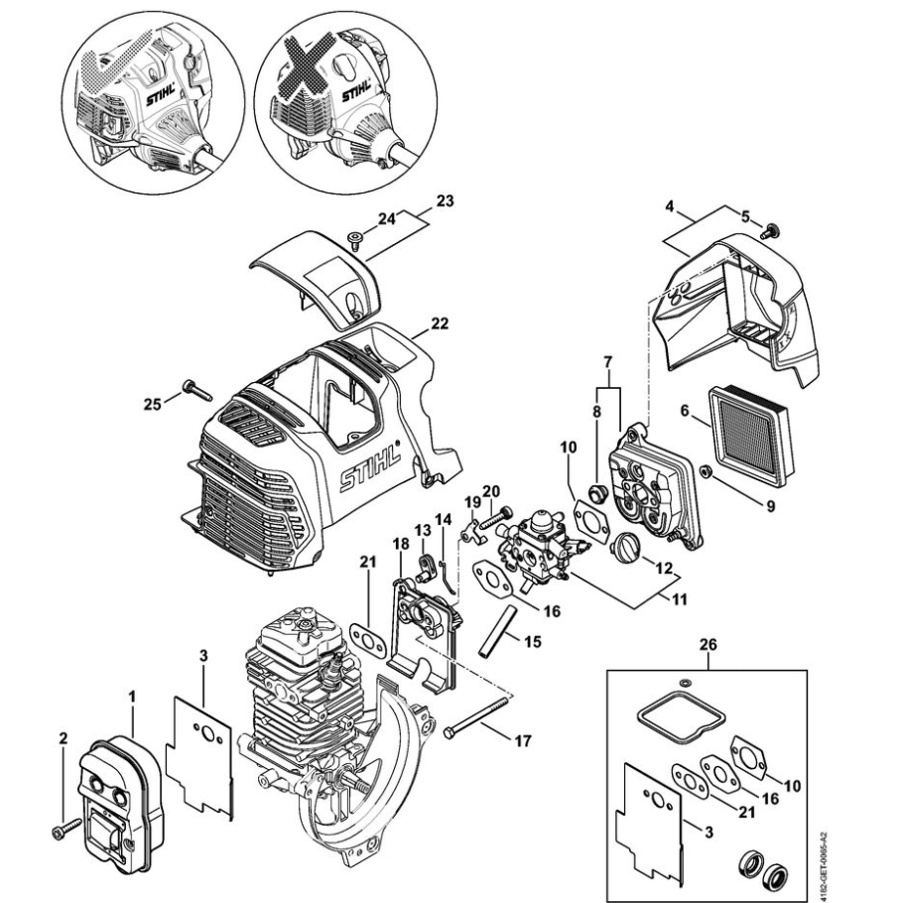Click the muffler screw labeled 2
pos(66,830)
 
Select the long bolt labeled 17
pos(477,716)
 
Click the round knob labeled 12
pos(624,546)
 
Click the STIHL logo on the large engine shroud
pos(369,463)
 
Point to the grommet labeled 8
pos(596,494)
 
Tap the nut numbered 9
pos(705,471)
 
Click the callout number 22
pos(440,324)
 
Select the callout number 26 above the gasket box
pos(707,644)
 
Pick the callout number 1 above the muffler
pos(132,697)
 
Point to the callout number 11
pos(680,599)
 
